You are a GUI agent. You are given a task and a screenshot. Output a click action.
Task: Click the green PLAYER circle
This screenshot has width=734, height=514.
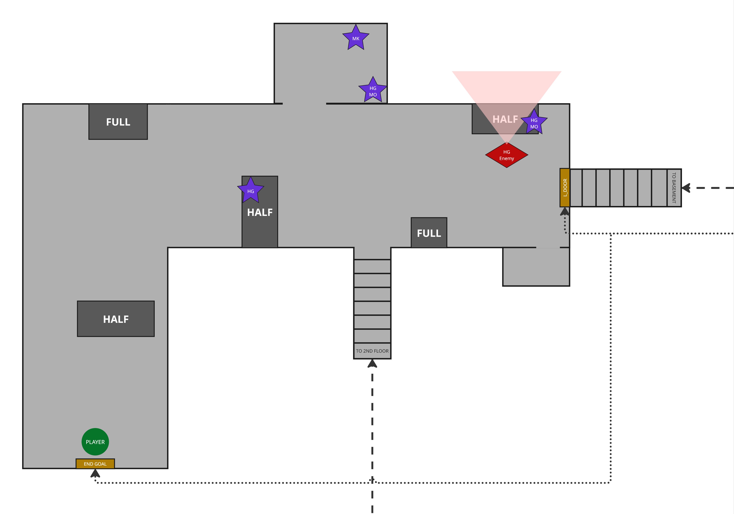tap(95, 442)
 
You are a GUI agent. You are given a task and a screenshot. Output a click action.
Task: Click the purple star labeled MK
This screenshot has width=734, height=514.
tap(356, 38)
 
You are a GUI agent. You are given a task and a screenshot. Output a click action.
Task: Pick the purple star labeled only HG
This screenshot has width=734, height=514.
tap(251, 191)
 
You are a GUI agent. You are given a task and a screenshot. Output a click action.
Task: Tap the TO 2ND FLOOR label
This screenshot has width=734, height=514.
tap(372, 351)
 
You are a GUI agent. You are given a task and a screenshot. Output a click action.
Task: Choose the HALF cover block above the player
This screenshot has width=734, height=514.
tap(116, 319)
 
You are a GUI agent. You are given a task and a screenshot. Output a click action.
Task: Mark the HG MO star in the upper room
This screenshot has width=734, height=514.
tap(373, 91)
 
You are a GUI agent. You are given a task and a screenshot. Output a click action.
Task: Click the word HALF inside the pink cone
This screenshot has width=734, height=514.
tap(505, 119)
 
